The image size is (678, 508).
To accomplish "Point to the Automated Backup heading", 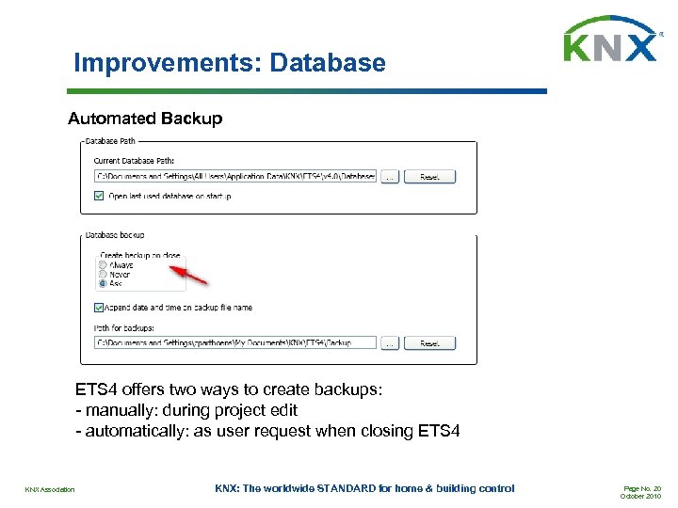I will tap(145, 119).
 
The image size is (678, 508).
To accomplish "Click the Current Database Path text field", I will tap(235, 176).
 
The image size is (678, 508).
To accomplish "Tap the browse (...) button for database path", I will tap(390, 176).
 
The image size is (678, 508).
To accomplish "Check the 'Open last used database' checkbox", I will tap(100, 196).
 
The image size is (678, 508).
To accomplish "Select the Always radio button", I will tap(103, 265).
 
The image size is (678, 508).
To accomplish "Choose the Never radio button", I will tap(103, 274).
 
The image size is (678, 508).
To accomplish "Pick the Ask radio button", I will tap(103, 283).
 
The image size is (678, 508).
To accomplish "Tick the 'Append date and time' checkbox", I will tap(100, 308).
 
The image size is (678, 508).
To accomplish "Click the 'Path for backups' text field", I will tap(235, 343).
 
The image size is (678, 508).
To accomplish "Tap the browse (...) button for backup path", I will tap(390, 343).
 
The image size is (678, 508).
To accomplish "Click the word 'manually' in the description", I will tap(122, 409).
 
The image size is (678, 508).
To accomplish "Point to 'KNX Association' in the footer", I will tap(50, 489).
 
